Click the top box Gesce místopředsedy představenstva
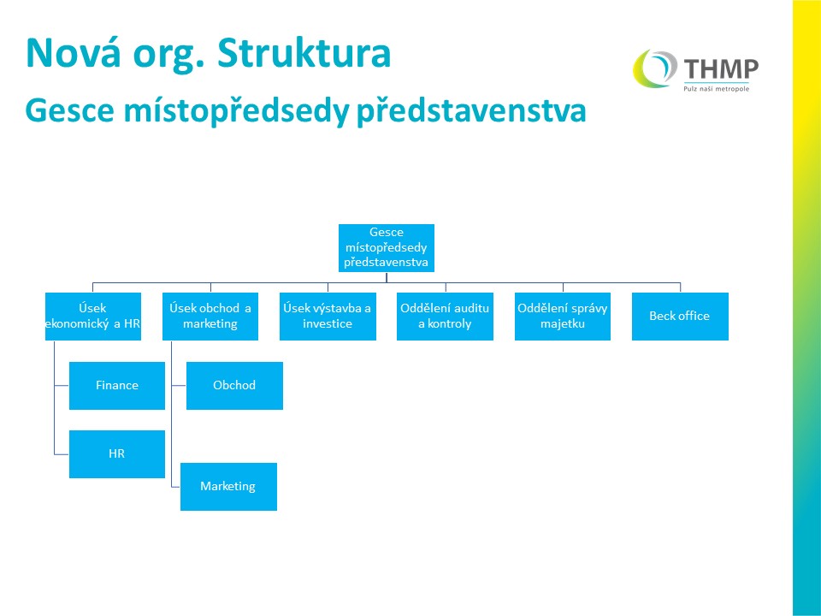pos(387,248)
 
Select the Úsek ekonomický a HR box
pos(93,317)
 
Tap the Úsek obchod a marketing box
pos(210,317)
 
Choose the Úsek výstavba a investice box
pos(328,317)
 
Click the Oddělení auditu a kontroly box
pos(445,317)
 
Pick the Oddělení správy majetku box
pos(563,317)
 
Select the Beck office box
pos(680,317)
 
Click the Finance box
pos(117,386)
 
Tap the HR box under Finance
pos(117,454)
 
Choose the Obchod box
pos(234,386)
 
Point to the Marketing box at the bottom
pos(229,487)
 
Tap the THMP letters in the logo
pos(721,68)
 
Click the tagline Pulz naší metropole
pos(717,88)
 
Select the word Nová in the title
pos(74,53)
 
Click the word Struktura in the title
pos(304,53)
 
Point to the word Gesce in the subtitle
pos(69,110)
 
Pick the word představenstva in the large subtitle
pos(471,111)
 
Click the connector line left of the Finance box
pos(62,386)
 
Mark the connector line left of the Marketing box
pos(175,487)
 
